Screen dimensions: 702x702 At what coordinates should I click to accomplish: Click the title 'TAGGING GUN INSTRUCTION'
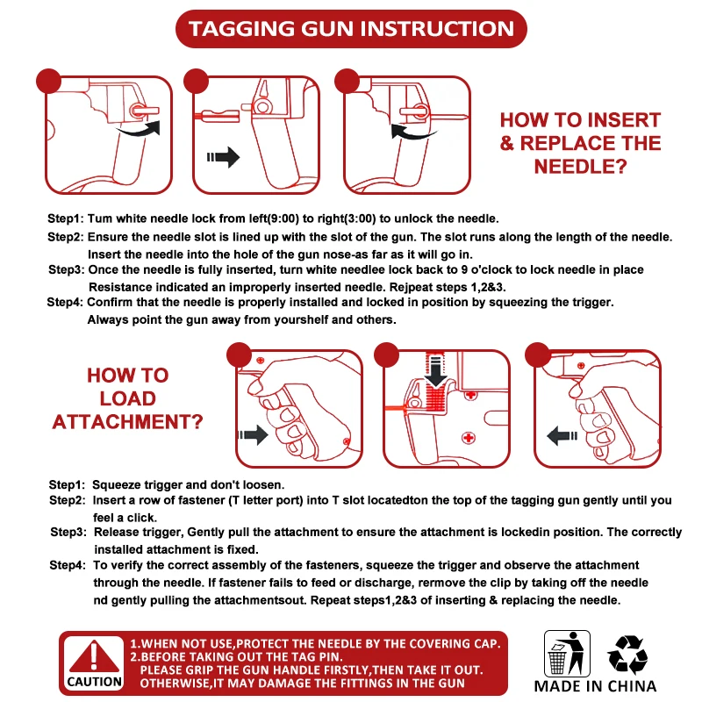(x=351, y=29)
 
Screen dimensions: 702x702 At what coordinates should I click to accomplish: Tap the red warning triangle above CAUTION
(x=94, y=656)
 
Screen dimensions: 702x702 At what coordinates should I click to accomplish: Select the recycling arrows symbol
(x=627, y=655)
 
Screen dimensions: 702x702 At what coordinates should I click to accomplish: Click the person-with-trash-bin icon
(x=567, y=653)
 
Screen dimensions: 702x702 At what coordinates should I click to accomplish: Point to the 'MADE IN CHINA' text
(x=595, y=686)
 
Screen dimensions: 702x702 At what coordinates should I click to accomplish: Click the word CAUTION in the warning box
(x=94, y=682)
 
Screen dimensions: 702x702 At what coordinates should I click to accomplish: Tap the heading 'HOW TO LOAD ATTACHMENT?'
(x=127, y=398)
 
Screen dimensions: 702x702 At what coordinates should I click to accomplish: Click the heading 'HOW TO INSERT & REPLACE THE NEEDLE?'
(x=580, y=143)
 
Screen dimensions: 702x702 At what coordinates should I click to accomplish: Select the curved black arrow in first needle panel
(x=140, y=129)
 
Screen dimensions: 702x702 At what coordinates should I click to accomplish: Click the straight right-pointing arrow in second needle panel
(x=223, y=157)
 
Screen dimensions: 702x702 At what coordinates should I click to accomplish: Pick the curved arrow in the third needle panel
(x=412, y=133)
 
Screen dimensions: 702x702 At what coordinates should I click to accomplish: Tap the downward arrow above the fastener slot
(x=435, y=369)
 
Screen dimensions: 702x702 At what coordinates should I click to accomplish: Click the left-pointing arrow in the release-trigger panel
(x=562, y=435)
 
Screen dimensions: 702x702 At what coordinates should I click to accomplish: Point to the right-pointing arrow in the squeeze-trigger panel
(x=253, y=434)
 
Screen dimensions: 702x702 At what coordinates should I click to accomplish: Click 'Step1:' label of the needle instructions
(x=65, y=218)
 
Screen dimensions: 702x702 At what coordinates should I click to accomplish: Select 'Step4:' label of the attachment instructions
(x=68, y=565)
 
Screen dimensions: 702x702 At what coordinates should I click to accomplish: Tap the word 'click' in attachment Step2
(x=142, y=518)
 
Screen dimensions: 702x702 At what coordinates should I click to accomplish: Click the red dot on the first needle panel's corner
(x=48, y=81)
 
